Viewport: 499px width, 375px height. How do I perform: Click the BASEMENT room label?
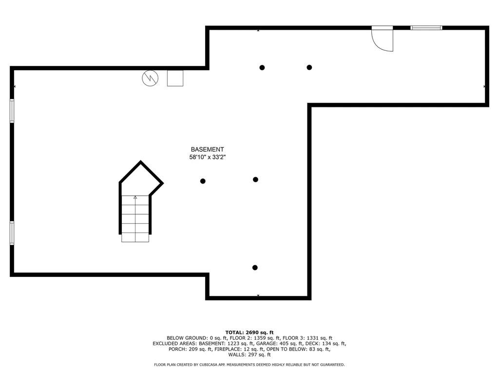(x=207, y=149)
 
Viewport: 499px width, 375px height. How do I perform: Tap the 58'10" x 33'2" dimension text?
(x=208, y=157)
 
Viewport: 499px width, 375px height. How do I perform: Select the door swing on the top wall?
(x=382, y=39)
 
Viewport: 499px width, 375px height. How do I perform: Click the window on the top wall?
(x=426, y=28)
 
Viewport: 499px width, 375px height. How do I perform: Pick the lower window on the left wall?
(x=12, y=232)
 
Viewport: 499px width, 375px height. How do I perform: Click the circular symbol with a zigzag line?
(x=150, y=78)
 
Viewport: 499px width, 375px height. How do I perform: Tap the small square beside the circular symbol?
(x=175, y=78)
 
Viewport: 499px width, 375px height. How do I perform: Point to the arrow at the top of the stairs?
(x=135, y=197)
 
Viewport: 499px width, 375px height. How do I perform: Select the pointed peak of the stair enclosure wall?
(x=141, y=162)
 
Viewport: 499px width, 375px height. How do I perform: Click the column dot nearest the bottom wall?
(x=255, y=268)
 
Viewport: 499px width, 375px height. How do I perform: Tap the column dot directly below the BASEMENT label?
(x=203, y=181)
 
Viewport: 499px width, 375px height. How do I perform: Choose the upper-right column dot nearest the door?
(x=309, y=67)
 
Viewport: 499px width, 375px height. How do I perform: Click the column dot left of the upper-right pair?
(x=262, y=67)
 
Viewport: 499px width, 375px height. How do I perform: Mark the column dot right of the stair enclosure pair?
(x=255, y=180)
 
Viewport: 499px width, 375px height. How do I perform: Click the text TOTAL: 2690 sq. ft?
(x=249, y=332)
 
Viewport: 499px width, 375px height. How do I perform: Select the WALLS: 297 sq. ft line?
(x=249, y=354)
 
